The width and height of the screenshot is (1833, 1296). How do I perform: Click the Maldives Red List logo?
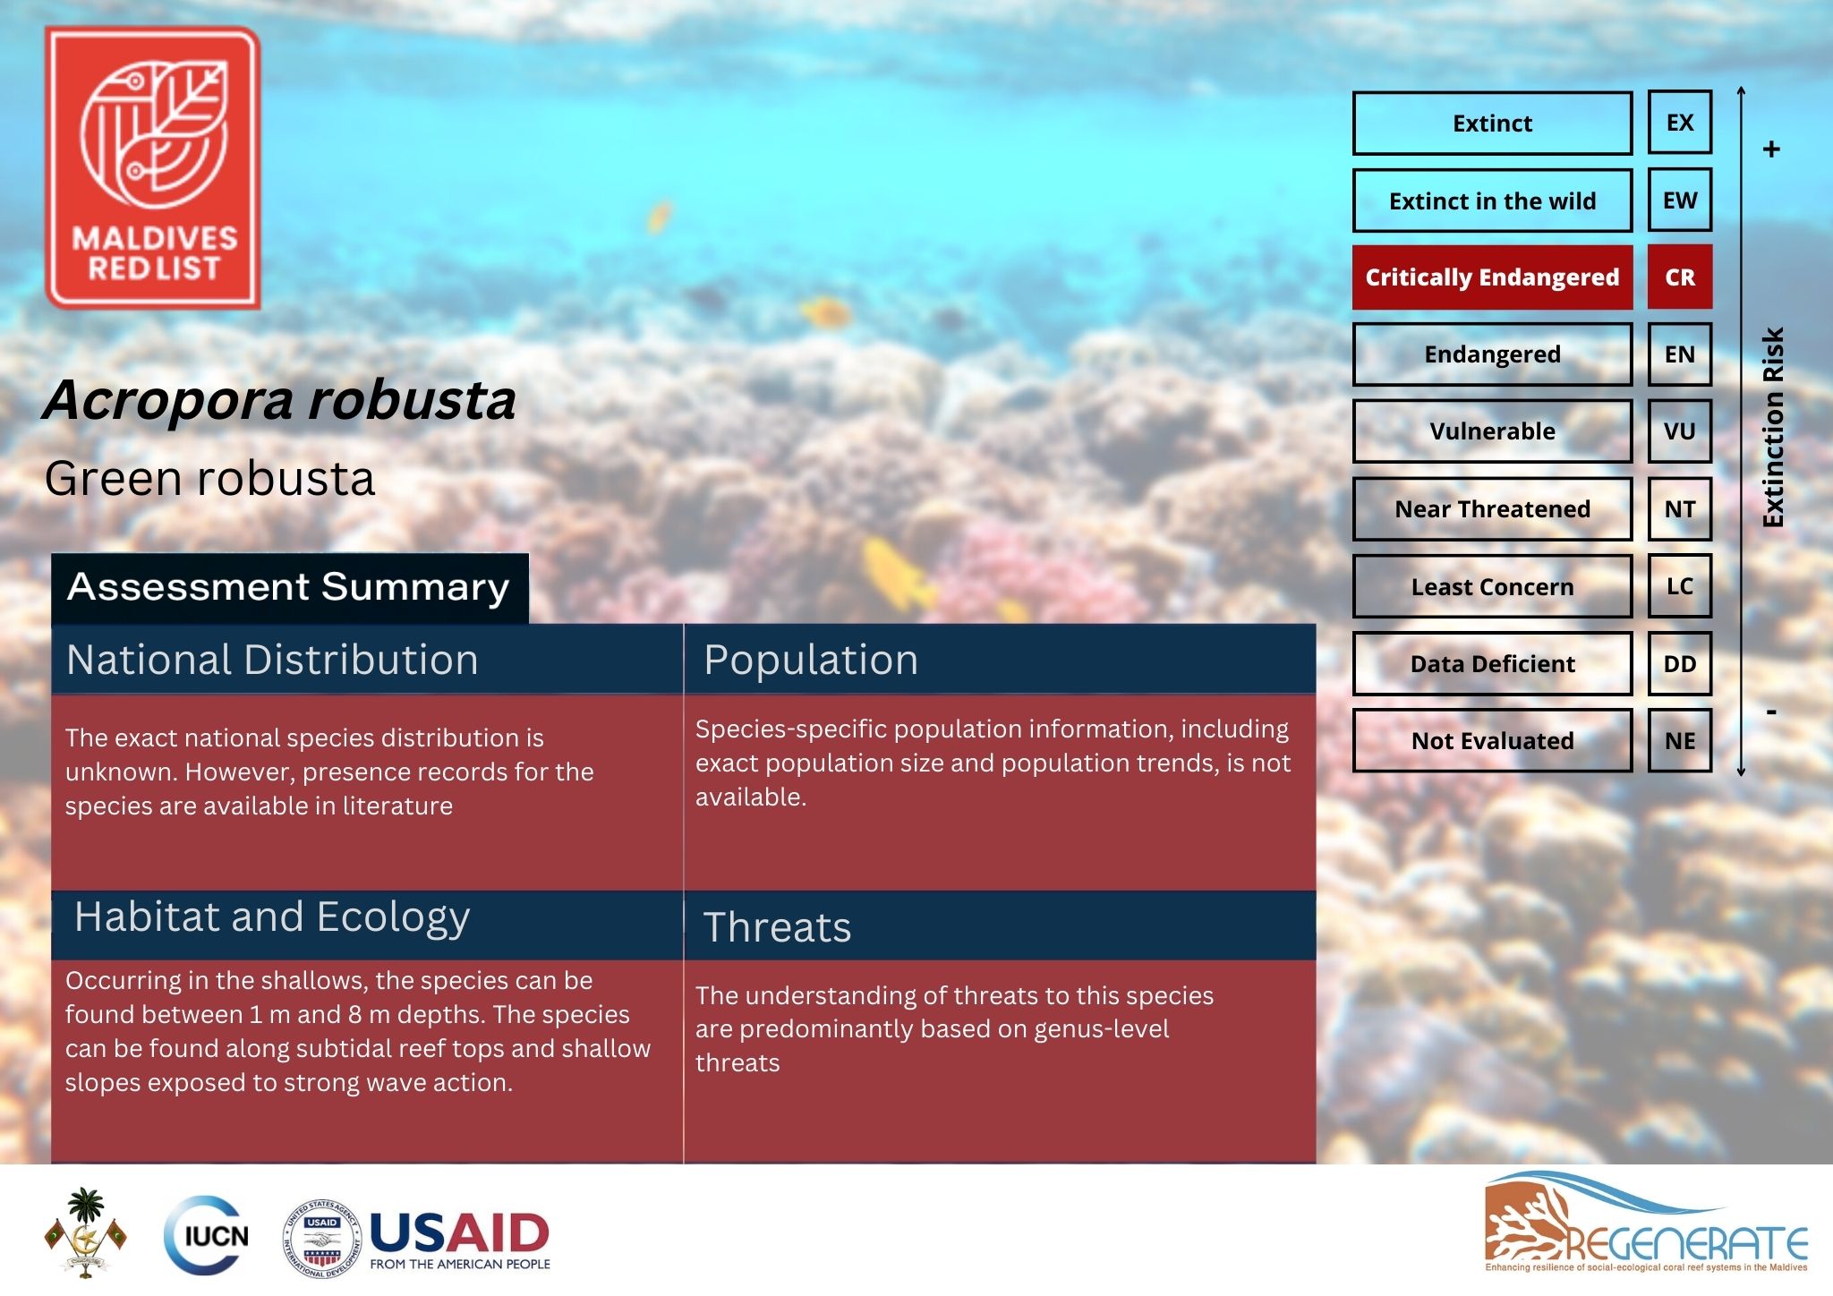153,168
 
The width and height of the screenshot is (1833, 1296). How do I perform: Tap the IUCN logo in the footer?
207,1236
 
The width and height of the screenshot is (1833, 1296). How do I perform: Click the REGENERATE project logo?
1645,1223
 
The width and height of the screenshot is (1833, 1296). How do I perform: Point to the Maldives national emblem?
85,1232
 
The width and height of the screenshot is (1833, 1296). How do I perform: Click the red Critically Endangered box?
1492,277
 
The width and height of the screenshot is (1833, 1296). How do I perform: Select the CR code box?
1679,277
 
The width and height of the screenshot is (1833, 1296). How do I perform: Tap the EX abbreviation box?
1679,123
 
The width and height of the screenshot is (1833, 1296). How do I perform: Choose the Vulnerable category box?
1492,431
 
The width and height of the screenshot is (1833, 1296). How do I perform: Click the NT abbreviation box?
1679,509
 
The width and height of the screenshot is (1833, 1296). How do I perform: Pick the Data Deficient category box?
1492,664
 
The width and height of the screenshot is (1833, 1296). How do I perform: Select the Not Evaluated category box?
1492,741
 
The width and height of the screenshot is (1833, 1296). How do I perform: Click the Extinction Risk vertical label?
1772,428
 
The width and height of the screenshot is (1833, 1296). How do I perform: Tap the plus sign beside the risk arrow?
1771,149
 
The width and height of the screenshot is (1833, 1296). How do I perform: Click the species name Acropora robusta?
279,400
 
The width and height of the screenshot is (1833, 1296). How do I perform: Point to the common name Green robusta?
209,478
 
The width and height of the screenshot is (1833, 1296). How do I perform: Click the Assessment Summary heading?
288,588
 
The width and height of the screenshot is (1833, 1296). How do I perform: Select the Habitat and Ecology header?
272,917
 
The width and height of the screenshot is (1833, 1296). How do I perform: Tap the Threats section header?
777,927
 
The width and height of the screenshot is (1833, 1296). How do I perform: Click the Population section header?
811,661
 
